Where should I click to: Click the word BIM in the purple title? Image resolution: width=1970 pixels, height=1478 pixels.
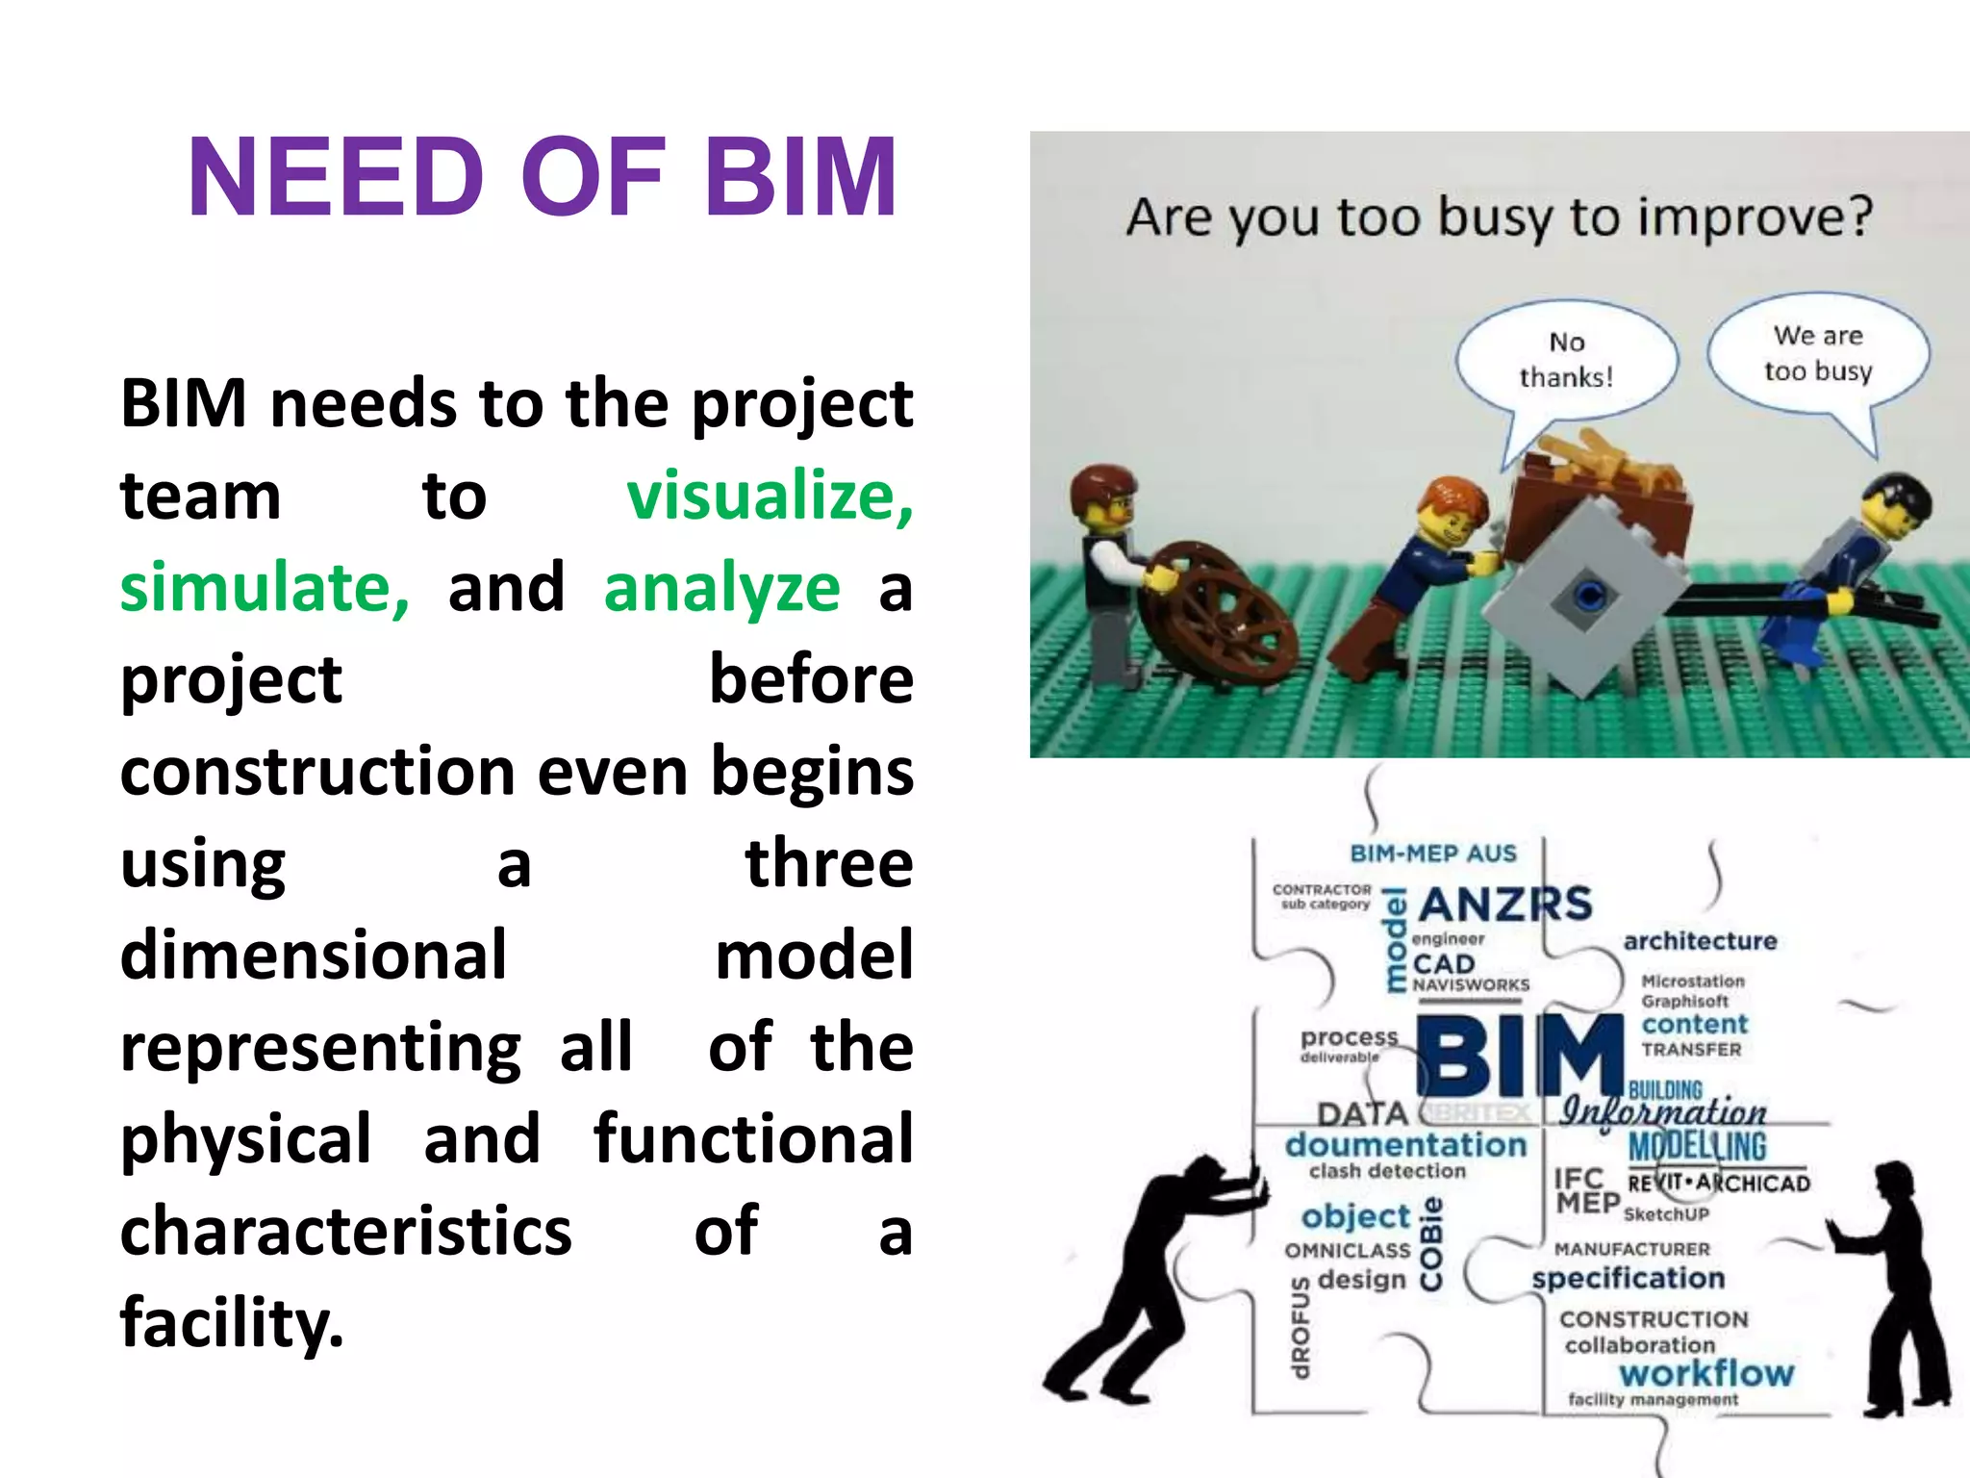[800, 179]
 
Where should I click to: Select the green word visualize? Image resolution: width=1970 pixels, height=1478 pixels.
[770, 497]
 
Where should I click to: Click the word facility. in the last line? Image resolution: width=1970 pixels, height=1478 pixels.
[231, 1322]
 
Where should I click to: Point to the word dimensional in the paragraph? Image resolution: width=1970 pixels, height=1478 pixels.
[313, 955]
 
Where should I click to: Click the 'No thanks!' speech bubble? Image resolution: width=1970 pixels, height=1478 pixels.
[1566, 360]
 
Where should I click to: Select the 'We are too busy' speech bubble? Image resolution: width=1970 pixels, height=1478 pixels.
[1818, 353]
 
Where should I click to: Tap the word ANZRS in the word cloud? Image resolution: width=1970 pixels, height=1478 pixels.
[1505, 905]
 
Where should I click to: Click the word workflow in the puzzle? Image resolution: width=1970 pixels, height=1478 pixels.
[1706, 1373]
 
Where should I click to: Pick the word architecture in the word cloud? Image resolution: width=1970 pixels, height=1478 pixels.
[1700, 941]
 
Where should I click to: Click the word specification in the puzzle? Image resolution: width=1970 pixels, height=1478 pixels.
[1628, 1279]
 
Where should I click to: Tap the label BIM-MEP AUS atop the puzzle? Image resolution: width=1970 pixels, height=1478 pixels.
[1432, 854]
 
